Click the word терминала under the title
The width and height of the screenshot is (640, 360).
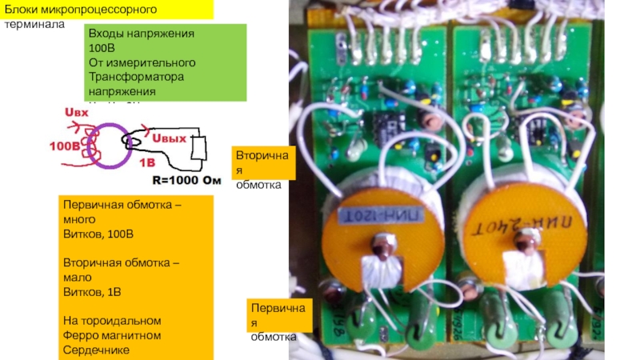(31, 24)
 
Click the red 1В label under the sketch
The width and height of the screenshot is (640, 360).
(148, 162)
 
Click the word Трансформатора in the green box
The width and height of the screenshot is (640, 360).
(135, 77)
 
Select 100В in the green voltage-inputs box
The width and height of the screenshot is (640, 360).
(102, 48)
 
